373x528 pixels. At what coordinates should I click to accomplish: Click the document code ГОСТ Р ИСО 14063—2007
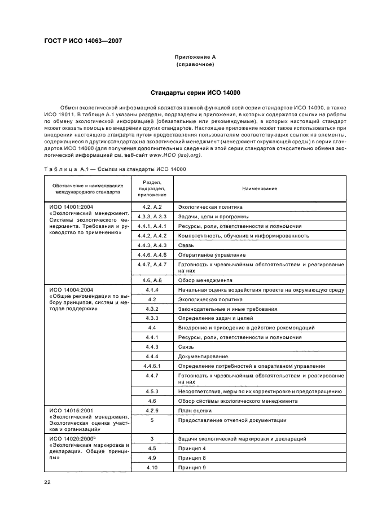83,41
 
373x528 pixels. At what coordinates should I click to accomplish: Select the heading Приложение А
195,57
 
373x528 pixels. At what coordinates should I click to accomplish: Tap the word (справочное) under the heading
195,64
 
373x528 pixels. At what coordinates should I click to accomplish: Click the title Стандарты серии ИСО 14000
195,93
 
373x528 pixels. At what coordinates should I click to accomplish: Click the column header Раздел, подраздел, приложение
151,188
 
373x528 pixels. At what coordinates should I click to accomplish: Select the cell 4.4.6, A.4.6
151,255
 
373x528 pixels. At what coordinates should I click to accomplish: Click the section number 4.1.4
151,289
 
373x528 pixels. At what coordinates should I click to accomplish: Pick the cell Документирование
203,356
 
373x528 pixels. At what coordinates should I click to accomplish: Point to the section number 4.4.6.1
151,366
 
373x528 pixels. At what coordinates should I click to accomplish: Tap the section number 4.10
151,468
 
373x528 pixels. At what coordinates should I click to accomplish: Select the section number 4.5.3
151,391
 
